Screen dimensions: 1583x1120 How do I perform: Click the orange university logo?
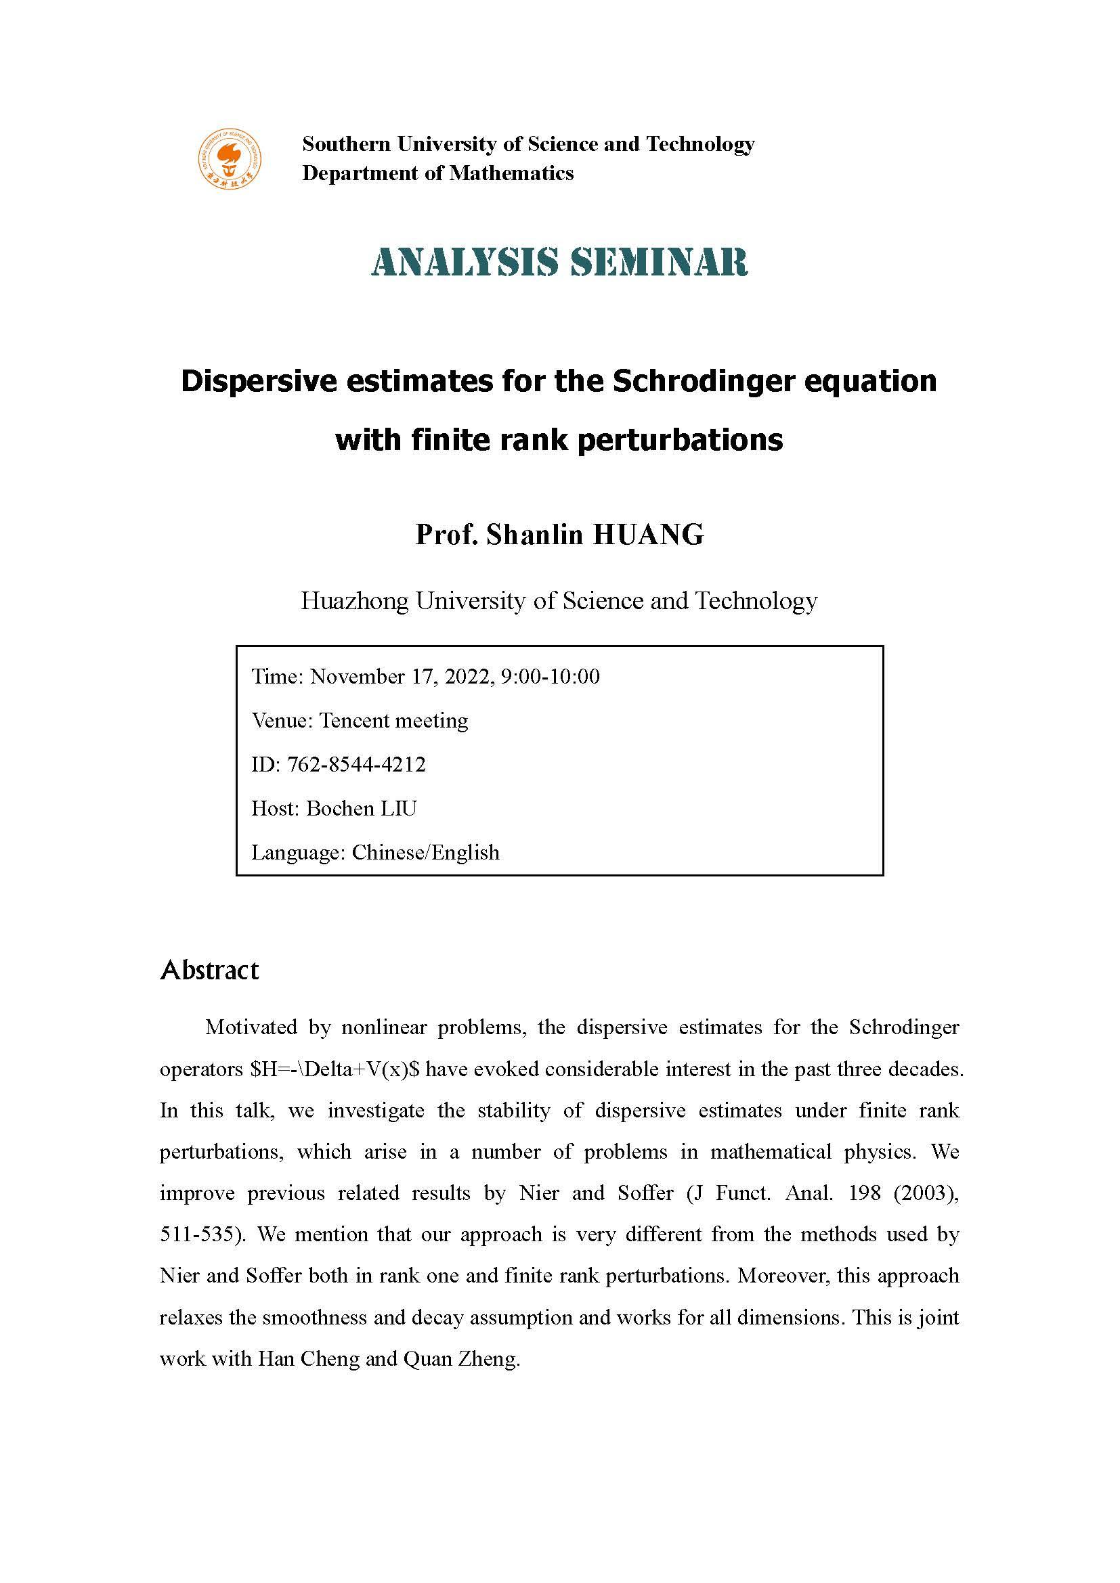point(230,158)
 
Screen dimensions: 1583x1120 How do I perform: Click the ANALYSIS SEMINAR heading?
point(559,262)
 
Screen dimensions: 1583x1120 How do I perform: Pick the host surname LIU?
point(398,808)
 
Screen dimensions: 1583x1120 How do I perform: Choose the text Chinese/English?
point(425,852)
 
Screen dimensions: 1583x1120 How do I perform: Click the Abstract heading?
point(210,970)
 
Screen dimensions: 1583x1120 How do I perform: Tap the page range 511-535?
point(201,1235)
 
